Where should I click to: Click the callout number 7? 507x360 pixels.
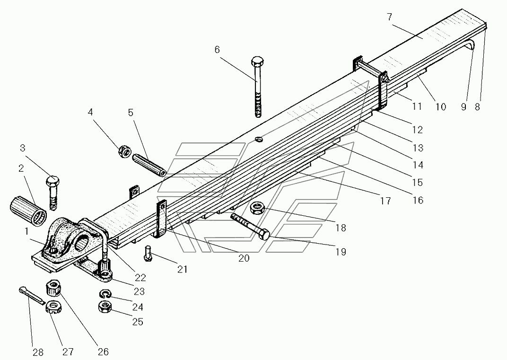click(x=390, y=17)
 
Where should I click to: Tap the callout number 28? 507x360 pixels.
click(x=38, y=352)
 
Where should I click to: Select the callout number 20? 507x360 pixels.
click(x=244, y=258)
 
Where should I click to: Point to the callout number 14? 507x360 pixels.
click(x=418, y=165)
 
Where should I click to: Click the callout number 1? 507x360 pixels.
click(x=26, y=231)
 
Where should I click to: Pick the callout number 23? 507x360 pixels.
click(x=139, y=291)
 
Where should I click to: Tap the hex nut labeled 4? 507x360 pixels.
click(x=124, y=151)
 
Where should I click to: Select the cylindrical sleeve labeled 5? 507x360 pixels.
click(x=149, y=165)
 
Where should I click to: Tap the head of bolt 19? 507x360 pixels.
click(x=264, y=234)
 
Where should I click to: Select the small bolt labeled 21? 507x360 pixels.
click(x=148, y=253)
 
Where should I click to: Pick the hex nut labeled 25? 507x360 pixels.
click(x=105, y=307)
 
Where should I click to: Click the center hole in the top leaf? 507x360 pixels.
click(x=259, y=140)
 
